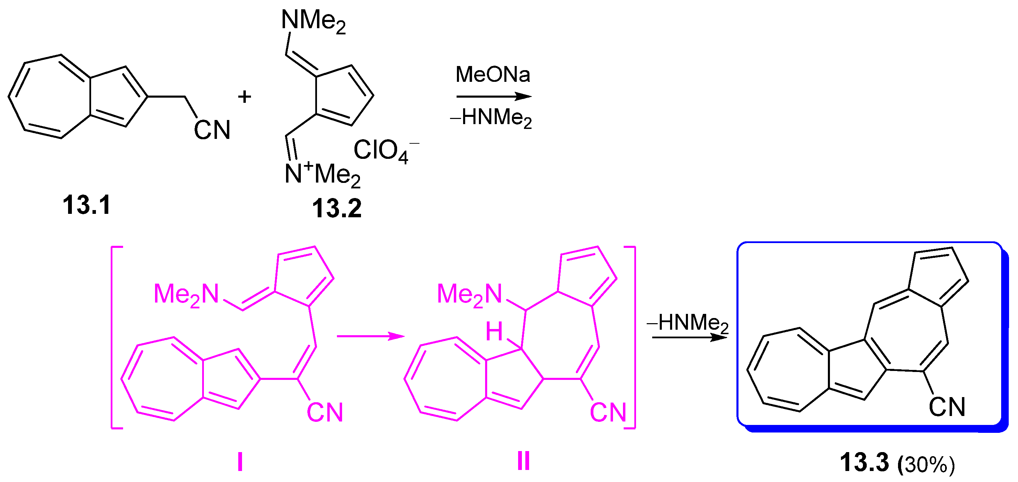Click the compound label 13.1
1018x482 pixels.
pyautogui.click(x=87, y=205)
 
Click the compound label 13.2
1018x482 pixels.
pyautogui.click(x=337, y=208)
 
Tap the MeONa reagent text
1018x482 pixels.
pyautogui.click(x=492, y=74)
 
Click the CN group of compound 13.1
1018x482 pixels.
pyautogui.click(x=212, y=130)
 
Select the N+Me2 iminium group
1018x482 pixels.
pyautogui.click(x=322, y=174)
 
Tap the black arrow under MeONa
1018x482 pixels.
pyautogui.click(x=494, y=96)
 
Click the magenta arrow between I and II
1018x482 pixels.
pyautogui.click(x=370, y=336)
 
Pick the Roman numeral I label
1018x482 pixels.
pyautogui.click(x=240, y=461)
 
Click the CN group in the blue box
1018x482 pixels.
pyautogui.click(x=947, y=407)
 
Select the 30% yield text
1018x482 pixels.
pyautogui.click(x=926, y=464)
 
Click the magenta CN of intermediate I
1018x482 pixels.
pyautogui.click(x=325, y=413)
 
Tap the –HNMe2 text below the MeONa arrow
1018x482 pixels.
pyautogui.click(x=491, y=118)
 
